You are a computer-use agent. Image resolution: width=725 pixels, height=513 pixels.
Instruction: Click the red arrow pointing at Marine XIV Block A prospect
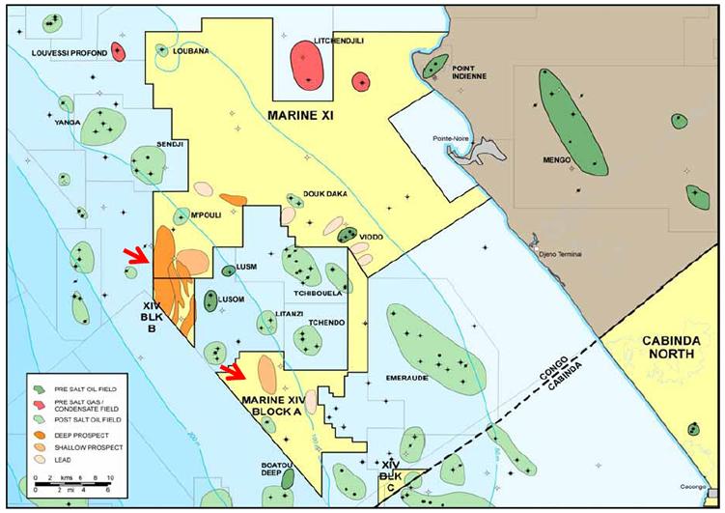(x=233, y=372)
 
